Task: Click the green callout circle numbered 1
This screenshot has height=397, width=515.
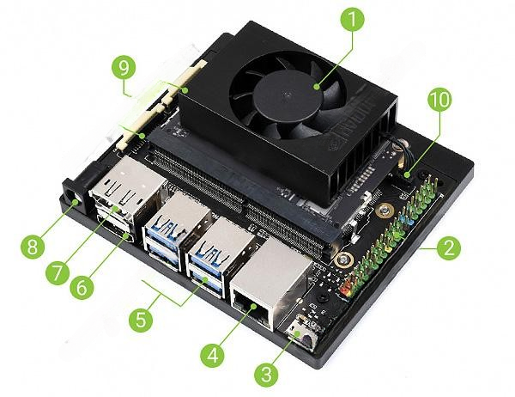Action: point(352,20)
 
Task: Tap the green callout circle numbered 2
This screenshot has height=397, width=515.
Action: point(448,247)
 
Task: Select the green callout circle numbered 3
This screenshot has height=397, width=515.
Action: point(266,375)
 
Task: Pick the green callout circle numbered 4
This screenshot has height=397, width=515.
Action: point(213,355)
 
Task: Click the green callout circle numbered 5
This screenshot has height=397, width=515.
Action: point(141,320)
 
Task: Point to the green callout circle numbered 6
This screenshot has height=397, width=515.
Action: point(82,287)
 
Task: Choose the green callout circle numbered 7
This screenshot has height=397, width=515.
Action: point(58,272)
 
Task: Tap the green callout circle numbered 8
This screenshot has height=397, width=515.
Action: point(33,247)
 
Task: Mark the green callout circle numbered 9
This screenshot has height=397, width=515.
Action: point(124,67)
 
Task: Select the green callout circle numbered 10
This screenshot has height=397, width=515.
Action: point(439,100)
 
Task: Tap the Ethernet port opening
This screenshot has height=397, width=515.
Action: point(252,308)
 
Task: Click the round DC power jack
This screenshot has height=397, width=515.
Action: point(73,198)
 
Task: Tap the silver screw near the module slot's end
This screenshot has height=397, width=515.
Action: point(342,260)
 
